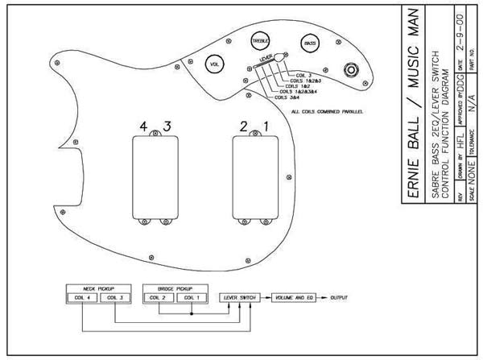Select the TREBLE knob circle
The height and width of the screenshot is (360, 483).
click(260, 39)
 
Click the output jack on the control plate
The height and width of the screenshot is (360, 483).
click(352, 68)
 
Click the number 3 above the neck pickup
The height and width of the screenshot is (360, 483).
click(167, 126)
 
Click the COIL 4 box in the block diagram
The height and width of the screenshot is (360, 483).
click(83, 298)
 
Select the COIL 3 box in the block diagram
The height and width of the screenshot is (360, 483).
click(114, 298)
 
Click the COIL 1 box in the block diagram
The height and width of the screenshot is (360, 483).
click(190, 298)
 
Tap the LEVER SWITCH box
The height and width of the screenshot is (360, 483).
click(238, 298)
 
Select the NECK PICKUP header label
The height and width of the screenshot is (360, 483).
click(98, 287)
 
